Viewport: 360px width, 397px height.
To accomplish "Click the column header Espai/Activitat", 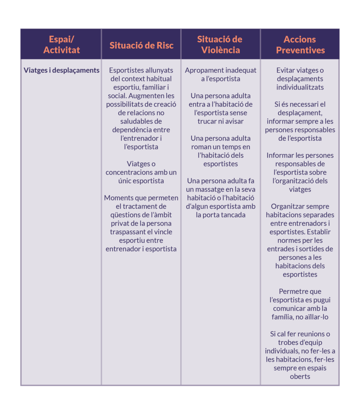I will coord(61,45).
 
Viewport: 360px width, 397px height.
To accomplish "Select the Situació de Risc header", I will coord(141,45).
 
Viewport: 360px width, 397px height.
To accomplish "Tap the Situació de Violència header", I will coord(220,45).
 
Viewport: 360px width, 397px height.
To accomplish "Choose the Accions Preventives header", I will coord(300,45).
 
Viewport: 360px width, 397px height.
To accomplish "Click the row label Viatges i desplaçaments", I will coord(62,70).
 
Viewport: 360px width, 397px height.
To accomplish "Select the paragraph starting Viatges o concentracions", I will coord(141,172).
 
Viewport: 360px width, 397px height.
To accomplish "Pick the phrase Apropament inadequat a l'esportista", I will coord(220,74).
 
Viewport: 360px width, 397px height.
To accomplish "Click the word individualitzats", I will coord(300,87).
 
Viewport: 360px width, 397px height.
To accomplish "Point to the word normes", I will coord(285,240).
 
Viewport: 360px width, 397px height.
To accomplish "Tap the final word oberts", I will coord(300,376).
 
